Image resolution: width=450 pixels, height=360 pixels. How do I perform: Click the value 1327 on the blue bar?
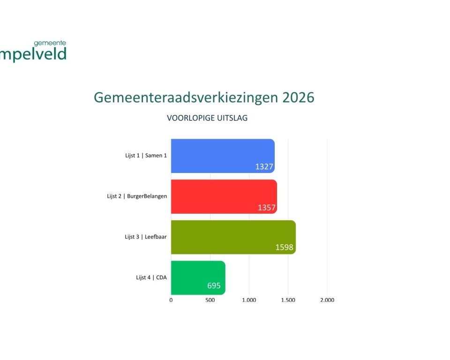pos(264,167)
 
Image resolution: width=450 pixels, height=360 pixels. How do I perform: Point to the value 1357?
pos(267,208)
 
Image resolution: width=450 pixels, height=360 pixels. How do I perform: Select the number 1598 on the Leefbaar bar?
pos(285,247)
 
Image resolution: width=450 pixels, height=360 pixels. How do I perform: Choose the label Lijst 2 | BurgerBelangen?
pos(137,196)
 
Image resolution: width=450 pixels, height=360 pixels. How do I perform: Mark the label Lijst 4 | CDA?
pos(151,277)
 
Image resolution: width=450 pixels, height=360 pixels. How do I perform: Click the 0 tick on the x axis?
pos(171,300)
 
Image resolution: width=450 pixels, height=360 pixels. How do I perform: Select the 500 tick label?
pos(210,300)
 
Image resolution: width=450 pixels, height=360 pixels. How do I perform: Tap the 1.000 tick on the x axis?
pos(249,300)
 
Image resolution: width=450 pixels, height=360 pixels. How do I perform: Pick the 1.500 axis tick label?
pos(288,300)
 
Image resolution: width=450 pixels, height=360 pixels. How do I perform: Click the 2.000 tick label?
pos(327,300)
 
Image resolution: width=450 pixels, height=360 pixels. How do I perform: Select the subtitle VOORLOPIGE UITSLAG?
pos(207,118)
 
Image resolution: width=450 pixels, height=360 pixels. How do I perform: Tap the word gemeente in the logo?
pos(50,43)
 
